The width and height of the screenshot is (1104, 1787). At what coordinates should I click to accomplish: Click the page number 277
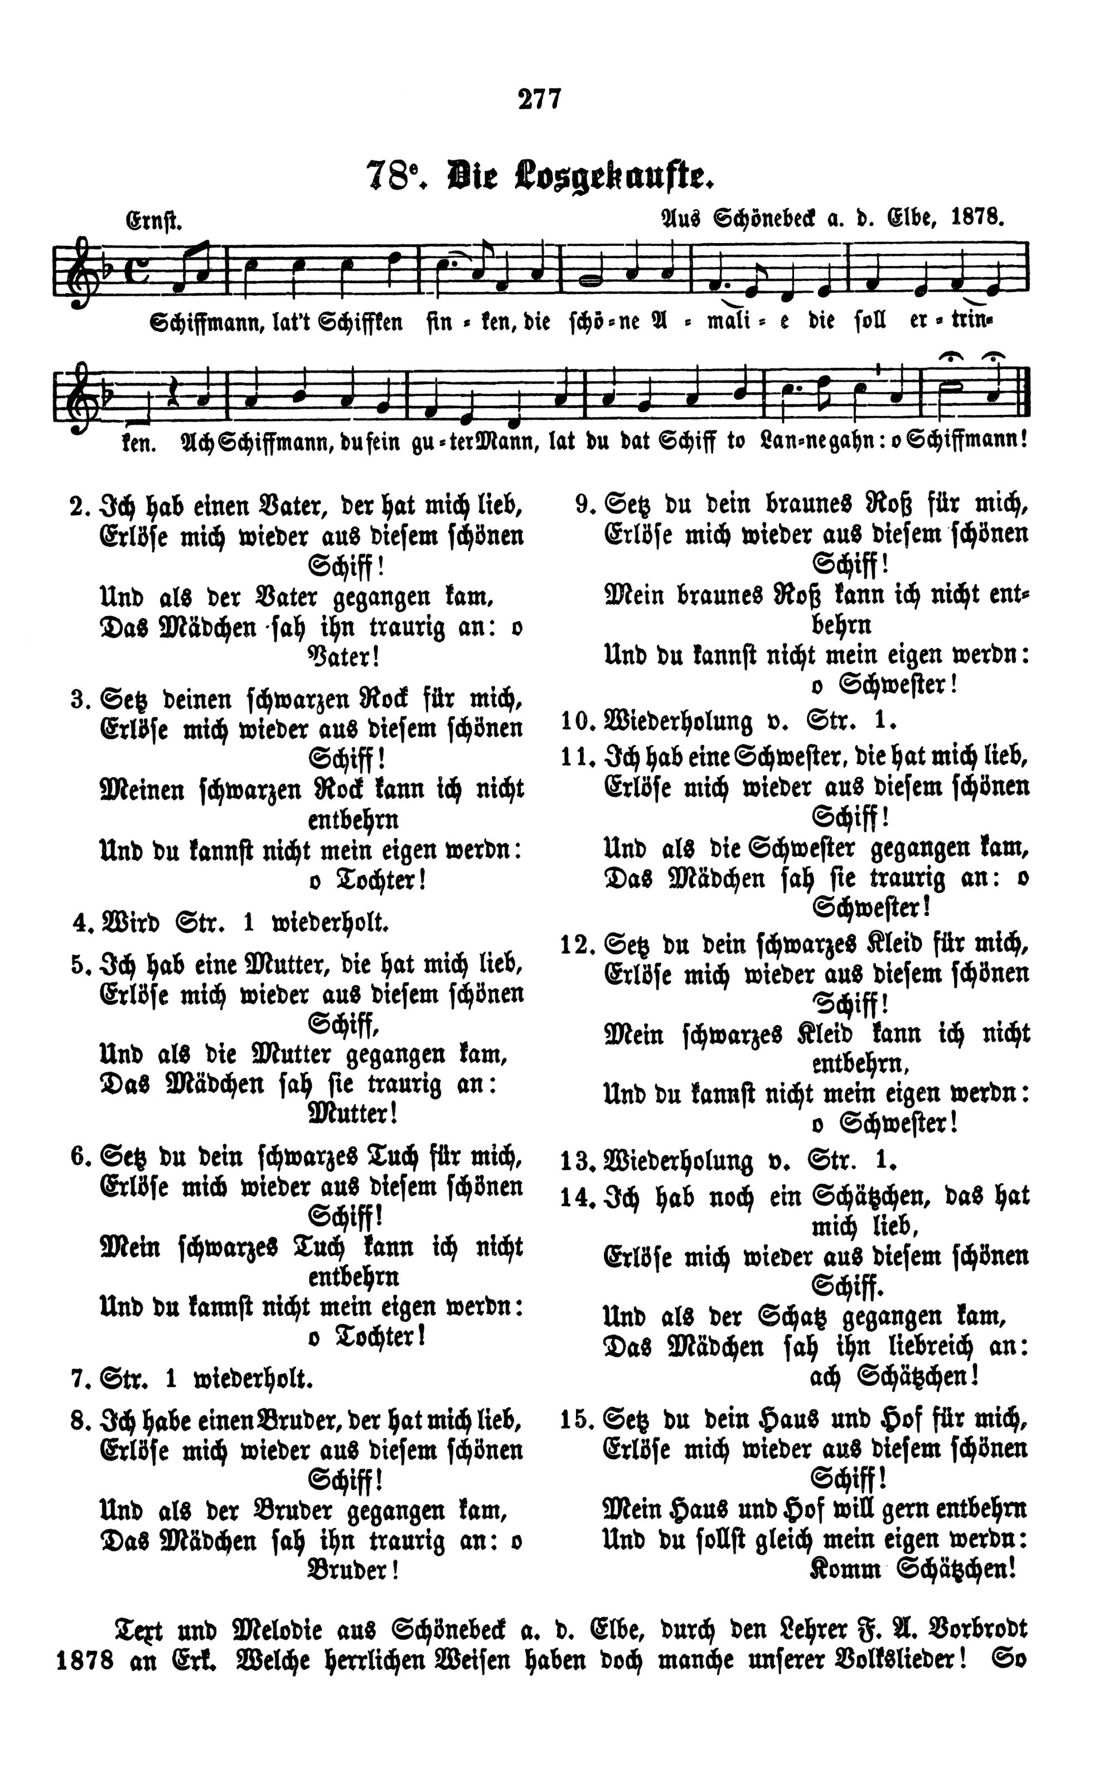[540, 99]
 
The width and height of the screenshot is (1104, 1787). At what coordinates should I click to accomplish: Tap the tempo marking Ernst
[154, 220]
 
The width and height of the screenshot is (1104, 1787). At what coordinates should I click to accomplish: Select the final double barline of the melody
[1024, 396]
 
